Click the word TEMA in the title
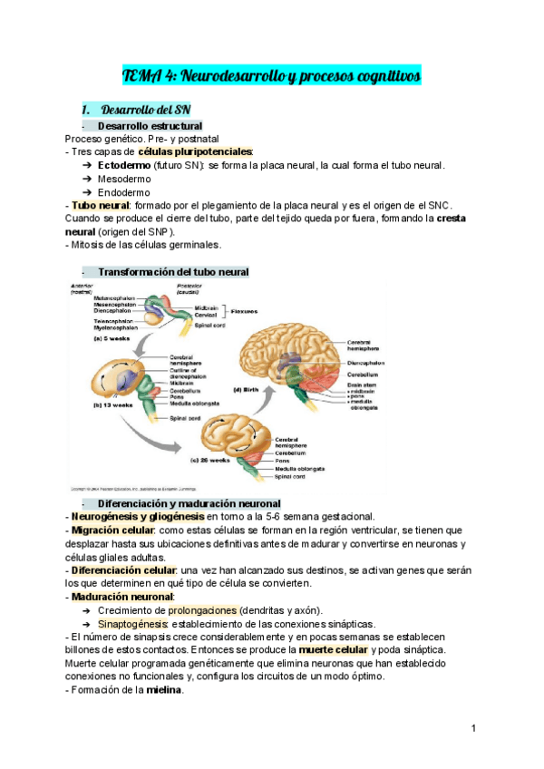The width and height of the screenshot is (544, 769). point(141,77)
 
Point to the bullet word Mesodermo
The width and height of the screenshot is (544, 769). point(125,180)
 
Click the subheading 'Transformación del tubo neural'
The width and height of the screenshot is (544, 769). point(173,272)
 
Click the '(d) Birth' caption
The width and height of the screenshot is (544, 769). point(250,389)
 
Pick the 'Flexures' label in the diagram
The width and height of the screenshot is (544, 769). point(244,310)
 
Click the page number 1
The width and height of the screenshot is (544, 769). point(474,728)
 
